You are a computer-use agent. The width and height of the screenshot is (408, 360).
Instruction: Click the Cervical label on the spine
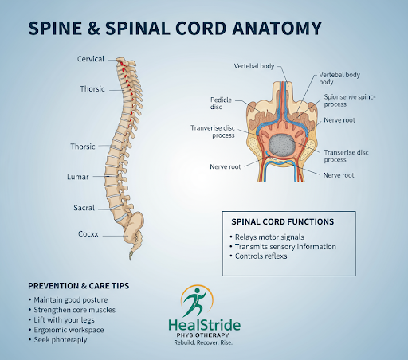coord(91,59)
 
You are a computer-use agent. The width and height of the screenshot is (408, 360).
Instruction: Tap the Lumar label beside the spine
coord(77,177)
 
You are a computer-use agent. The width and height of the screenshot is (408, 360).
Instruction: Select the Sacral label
coord(84,208)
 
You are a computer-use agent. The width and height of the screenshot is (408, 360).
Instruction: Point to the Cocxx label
coord(88,234)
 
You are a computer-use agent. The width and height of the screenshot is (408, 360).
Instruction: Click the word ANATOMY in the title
coord(277,28)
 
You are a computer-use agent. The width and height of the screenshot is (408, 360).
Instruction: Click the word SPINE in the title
coord(55,28)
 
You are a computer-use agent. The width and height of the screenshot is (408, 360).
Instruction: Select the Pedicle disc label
coord(221,104)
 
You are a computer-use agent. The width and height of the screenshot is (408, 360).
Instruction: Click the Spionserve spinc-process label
coord(350,100)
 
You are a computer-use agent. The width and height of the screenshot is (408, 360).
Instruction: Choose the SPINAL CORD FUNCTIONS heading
coord(282,221)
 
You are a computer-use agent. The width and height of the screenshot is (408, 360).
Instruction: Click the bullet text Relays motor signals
coord(269,237)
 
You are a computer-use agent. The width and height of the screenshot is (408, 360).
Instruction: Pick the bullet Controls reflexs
coord(261,256)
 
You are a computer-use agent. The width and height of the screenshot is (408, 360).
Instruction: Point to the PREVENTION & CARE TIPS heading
coord(79,286)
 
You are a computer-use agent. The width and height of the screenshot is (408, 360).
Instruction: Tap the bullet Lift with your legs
coord(64,320)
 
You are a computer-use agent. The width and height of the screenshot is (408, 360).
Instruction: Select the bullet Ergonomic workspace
coord(69,330)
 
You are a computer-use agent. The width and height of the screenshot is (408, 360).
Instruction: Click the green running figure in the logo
coord(196,302)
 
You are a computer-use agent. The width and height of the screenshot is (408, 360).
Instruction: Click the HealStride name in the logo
coord(205,325)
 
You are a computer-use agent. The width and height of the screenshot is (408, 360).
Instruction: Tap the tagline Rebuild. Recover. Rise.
coord(203,342)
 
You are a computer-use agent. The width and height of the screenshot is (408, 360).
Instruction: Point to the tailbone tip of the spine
coord(131,259)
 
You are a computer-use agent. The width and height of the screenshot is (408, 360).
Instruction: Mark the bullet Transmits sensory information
coord(285,247)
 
